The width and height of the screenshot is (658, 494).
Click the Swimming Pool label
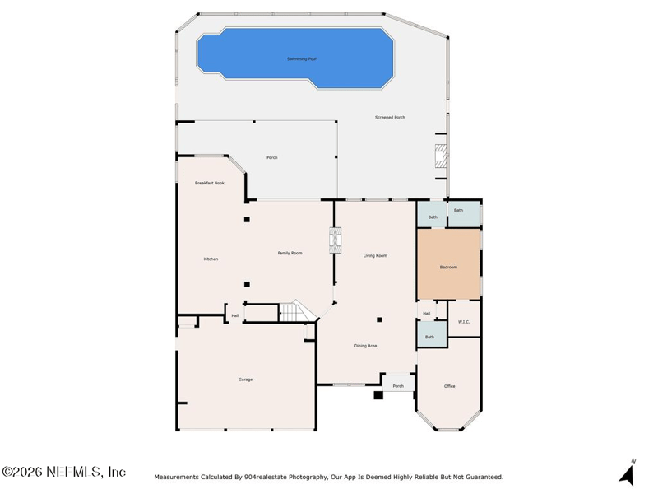(302, 58)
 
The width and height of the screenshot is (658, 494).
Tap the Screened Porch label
(390, 117)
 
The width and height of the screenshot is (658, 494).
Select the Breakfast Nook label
(210, 183)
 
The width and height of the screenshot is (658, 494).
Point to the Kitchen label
(211, 259)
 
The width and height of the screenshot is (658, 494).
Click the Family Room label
(290, 253)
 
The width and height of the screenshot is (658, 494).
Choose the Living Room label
(375, 255)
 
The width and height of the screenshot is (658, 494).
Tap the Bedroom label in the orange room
(448, 267)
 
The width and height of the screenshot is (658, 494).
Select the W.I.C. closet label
(464, 322)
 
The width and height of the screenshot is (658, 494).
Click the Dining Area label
(365, 346)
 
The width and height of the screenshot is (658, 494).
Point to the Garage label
(245, 380)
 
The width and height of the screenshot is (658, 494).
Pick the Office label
(449, 386)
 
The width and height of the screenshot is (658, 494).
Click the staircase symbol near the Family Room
(296, 311)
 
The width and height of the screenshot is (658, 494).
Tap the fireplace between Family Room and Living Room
(335, 240)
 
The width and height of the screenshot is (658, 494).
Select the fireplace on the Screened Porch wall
(441, 156)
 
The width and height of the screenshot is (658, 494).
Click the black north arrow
(627, 475)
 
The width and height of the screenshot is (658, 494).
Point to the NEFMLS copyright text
(64, 472)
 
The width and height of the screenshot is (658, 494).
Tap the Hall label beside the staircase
(235, 315)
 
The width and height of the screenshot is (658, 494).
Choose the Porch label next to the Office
(398, 386)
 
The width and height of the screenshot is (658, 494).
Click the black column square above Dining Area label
(379, 319)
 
